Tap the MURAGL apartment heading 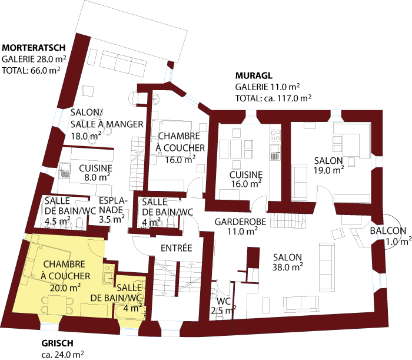[254, 76]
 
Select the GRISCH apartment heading [57, 344]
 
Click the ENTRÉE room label [177, 248]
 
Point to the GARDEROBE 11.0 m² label [240, 226]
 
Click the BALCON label [388, 235]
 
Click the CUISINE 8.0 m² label [95, 172]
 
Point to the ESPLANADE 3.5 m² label [112, 209]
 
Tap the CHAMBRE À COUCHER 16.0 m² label [181, 147]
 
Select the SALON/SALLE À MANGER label [107, 124]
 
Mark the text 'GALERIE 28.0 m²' [34, 59]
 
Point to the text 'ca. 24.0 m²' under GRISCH [62, 355]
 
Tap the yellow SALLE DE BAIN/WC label [129, 297]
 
